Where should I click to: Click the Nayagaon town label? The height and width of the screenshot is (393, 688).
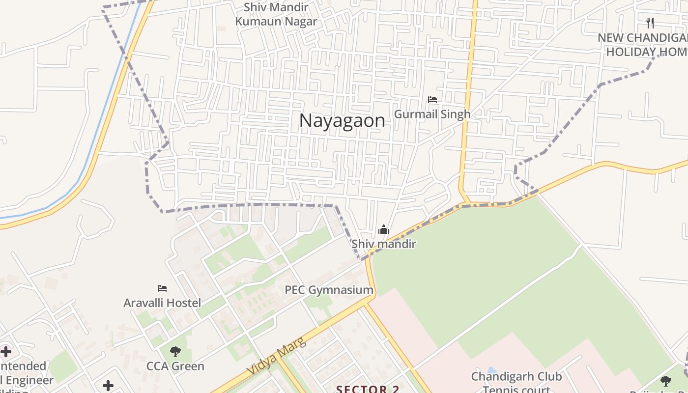(342, 121)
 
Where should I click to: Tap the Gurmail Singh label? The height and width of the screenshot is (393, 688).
(432, 114)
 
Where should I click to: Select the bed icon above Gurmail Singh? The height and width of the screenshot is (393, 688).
(432, 100)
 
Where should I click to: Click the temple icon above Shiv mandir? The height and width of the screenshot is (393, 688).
(383, 230)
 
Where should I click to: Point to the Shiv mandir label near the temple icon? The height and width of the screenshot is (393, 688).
(383, 244)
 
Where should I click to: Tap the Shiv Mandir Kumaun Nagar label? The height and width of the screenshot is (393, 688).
(276, 14)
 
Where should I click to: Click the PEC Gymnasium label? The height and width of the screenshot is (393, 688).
(329, 290)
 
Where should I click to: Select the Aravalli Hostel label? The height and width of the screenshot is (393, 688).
(162, 303)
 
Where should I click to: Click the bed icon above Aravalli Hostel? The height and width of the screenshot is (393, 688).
(162, 288)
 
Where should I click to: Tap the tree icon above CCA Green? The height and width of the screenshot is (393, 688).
(175, 352)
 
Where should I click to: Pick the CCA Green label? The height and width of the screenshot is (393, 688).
(175, 366)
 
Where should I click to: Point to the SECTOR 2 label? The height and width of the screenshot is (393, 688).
(368, 389)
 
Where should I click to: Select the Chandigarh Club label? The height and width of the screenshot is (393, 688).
(516, 377)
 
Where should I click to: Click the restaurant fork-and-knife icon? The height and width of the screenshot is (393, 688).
(650, 23)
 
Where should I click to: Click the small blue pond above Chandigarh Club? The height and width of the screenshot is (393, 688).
(492, 369)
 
